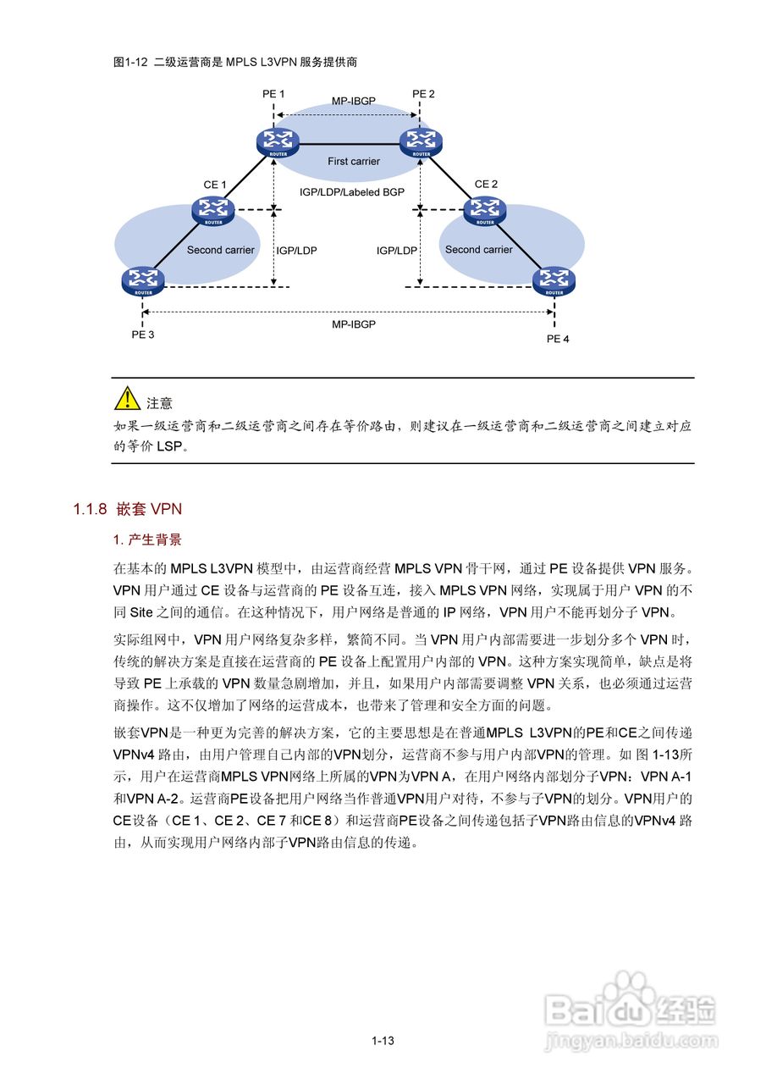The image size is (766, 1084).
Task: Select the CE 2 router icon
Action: pyautogui.click(x=485, y=209)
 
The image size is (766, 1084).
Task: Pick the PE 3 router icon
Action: pyautogui.click(x=142, y=280)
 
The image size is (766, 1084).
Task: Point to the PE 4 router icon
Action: pyautogui.click(x=554, y=280)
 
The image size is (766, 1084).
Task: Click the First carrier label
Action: pyautogui.click(x=354, y=161)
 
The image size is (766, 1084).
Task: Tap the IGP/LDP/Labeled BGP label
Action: pyautogui.click(x=352, y=192)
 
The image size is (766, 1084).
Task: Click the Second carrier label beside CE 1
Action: pyautogui.click(x=220, y=250)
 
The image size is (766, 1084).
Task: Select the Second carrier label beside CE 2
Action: pyautogui.click(x=478, y=250)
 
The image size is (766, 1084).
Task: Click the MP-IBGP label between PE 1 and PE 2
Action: pyautogui.click(x=354, y=101)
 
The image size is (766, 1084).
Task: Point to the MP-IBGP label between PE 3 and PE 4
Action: pyautogui.click(x=354, y=324)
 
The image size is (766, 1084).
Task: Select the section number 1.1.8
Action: pyautogui.click(x=90, y=509)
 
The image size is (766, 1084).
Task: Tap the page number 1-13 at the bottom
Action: pyautogui.click(x=383, y=1041)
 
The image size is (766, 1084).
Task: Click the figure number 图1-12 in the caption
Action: pyautogui.click(x=130, y=62)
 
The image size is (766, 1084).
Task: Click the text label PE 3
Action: pyautogui.click(x=142, y=335)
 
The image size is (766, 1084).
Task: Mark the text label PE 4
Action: pyautogui.click(x=558, y=340)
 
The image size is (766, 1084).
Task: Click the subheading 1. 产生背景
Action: pyautogui.click(x=147, y=540)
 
